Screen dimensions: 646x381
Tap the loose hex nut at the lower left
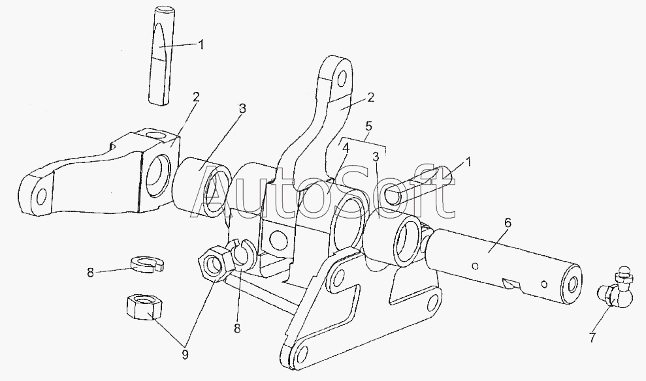tap(143, 305)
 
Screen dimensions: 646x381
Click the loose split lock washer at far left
tap(147, 264)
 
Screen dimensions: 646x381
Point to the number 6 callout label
tap(508, 222)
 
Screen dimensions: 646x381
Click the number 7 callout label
tap(592, 337)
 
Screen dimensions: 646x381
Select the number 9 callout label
tap(185, 354)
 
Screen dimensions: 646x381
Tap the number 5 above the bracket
tap(368, 127)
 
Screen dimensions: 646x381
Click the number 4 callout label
tap(346, 148)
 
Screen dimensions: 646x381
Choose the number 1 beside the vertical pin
tap(201, 44)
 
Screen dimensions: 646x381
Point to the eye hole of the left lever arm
tap(41, 197)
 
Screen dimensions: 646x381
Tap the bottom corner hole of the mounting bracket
tap(302, 352)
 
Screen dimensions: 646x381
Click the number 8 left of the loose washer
tap(90, 273)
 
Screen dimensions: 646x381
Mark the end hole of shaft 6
tap(572, 284)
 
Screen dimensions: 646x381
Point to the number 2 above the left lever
tap(196, 97)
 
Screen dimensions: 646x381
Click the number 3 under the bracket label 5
tap(376, 157)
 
